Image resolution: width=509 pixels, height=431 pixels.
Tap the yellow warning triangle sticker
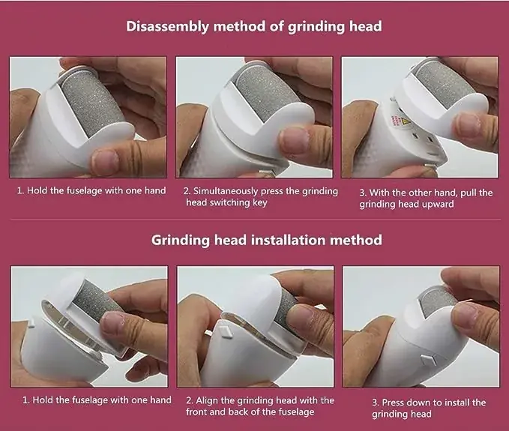click(406, 122)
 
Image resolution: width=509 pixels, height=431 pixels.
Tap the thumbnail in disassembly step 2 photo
click(293, 140)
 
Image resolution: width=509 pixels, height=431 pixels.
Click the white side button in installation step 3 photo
click(429, 360)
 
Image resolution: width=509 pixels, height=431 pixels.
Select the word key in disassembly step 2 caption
click(259, 202)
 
